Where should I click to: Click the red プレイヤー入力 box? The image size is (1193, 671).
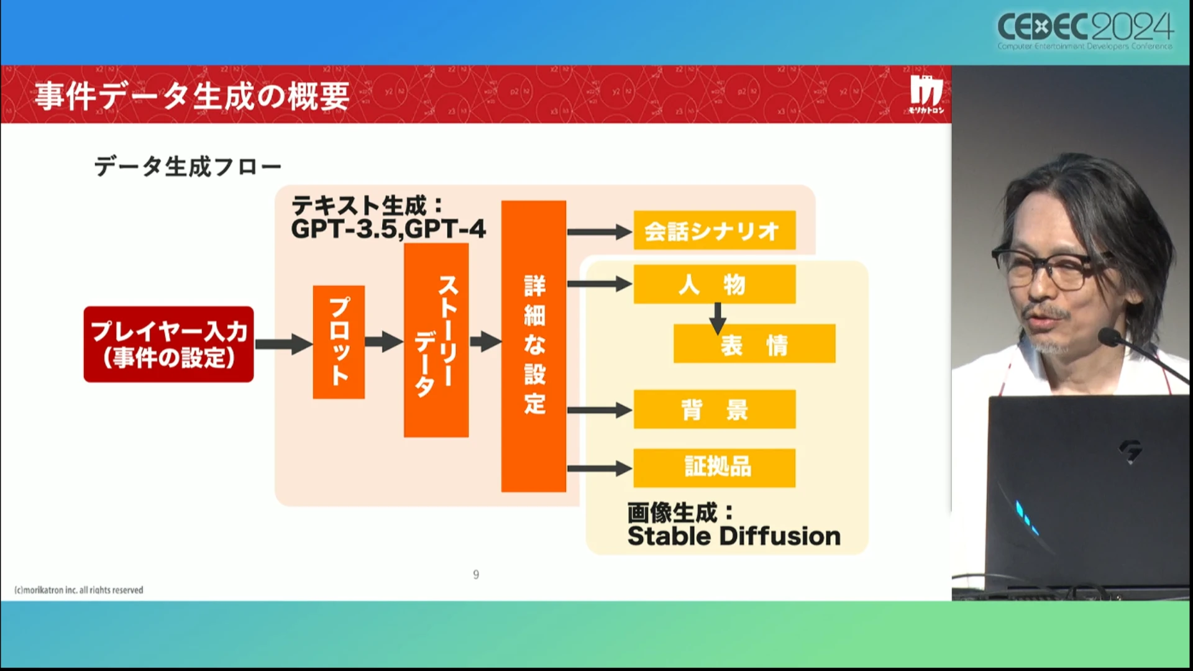(168, 344)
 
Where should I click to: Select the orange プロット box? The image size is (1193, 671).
(339, 342)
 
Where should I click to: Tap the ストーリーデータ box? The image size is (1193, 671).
(436, 340)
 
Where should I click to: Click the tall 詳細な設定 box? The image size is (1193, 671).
(533, 345)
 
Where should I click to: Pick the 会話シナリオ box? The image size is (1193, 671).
(714, 231)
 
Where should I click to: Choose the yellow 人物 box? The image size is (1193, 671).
(714, 285)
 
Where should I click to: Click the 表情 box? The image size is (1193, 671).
(754, 344)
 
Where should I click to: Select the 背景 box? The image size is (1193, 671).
(714, 409)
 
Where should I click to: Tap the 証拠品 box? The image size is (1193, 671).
(714, 467)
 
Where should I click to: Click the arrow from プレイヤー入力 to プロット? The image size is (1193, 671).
(283, 344)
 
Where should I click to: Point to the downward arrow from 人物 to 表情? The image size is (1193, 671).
(718, 318)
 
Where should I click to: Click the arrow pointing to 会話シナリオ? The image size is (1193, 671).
(599, 232)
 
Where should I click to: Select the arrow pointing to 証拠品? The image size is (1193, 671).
(599, 468)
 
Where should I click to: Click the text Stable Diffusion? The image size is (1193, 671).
(734, 536)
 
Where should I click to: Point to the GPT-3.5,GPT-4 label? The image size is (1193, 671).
(388, 229)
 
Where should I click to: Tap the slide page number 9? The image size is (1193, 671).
(476, 575)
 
